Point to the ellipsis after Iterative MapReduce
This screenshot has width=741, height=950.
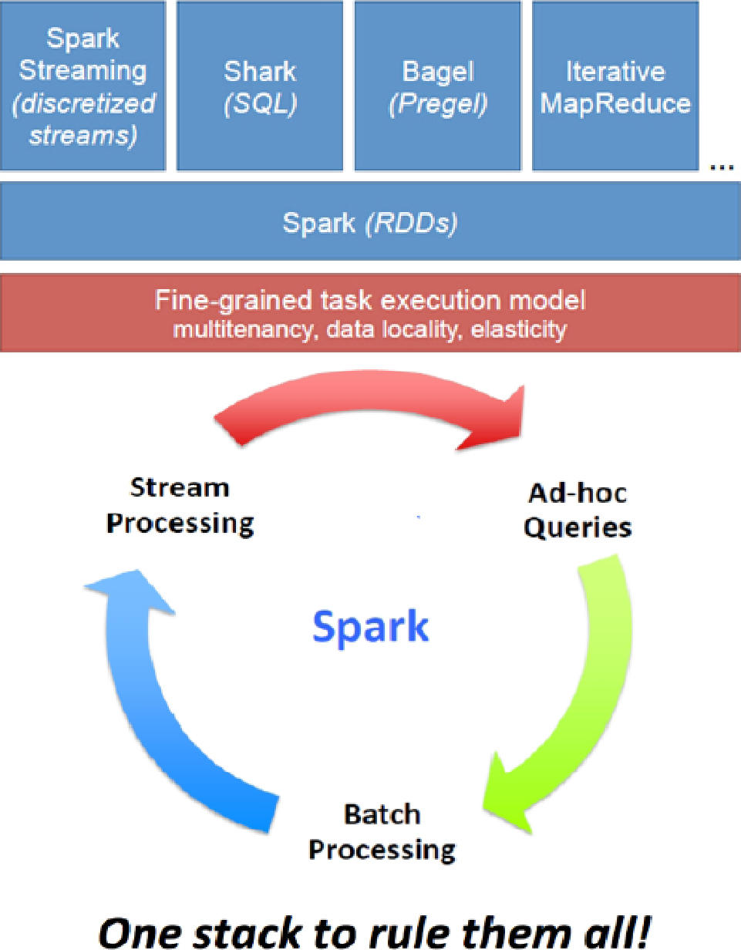[722, 165]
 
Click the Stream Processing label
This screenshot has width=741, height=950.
[180, 506]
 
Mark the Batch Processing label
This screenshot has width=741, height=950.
[382, 831]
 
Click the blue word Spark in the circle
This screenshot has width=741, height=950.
[370, 627]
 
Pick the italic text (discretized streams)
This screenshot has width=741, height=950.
[83, 120]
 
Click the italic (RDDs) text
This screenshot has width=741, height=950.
[412, 224]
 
